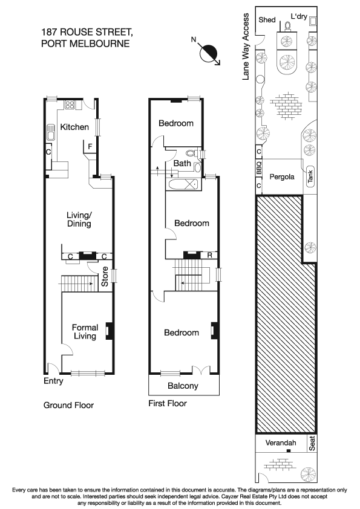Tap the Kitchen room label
click(x=74, y=128)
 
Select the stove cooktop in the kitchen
click(x=70, y=105)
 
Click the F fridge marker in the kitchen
click(x=90, y=146)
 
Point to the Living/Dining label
click(x=79, y=219)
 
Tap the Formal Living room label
click(x=85, y=332)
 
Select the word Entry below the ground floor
click(x=54, y=381)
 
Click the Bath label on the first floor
click(x=182, y=163)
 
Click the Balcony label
click(x=182, y=386)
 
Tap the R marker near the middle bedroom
click(x=209, y=254)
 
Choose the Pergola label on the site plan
click(x=282, y=177)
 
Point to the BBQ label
click(x=259, y=170)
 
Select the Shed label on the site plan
click(x=267, y=20)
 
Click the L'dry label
click(x=299, y=17)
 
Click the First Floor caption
click(x=168, y=403)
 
